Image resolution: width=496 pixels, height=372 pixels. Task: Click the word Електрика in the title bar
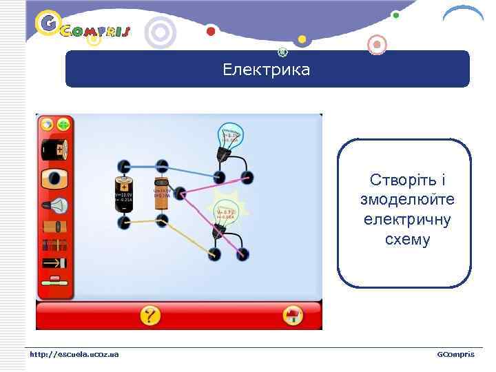(267, 70)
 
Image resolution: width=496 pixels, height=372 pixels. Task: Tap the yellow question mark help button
(150, 316)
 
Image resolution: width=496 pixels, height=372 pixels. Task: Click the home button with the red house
(293, 316)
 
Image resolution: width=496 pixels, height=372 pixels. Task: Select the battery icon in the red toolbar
(54, 148)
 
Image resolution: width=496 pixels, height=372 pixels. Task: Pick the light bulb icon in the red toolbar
(54, 205)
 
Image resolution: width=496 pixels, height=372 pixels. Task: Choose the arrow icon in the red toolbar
(54, 262)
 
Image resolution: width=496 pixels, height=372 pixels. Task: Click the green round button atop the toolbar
(63, 125)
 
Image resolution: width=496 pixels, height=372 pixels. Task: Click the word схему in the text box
(408, 240)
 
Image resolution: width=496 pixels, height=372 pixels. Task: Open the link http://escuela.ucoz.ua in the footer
(74, 354)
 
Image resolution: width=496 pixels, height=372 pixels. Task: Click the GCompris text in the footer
(455, 354)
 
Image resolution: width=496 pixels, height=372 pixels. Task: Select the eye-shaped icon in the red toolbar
(54, 178)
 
